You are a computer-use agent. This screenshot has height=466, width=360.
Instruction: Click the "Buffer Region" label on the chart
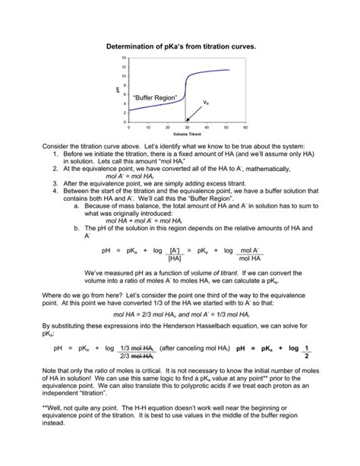coord(154,98)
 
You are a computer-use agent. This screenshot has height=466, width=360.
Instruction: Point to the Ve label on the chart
coord(206,102)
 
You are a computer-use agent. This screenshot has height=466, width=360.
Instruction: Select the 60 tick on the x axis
coord(246,127)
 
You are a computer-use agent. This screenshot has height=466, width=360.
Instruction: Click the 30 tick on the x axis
coord(187,127)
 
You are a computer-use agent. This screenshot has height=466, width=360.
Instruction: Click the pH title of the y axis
coord(118,90)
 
